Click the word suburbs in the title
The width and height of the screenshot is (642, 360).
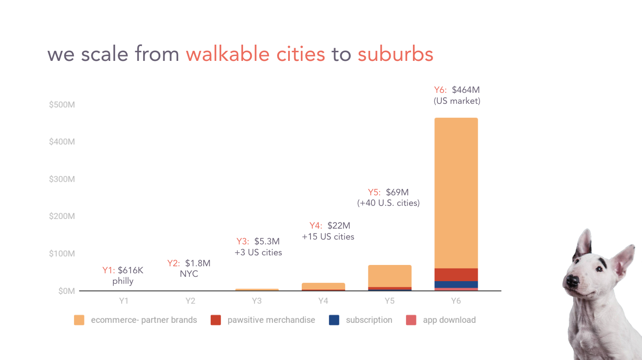click(395, 54)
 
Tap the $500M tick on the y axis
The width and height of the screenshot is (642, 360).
click(62, 105)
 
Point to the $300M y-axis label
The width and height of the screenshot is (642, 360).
click(62, 179)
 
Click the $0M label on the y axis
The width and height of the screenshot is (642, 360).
click(67, 291)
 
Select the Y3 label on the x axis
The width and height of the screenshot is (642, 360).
click(257, 301)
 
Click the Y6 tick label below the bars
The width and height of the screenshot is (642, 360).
click(456, 301)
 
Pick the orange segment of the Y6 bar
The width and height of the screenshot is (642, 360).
click(456, 193)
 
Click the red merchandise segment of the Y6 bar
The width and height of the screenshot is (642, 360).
click(456, 275)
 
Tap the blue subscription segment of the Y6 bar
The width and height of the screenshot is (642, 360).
click(456, 285)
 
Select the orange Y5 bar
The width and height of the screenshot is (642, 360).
click(389, 276)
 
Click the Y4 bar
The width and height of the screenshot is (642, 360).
click(323, 286)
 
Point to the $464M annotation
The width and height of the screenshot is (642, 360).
click(466, 90)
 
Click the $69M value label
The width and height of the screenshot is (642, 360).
click(397, 192)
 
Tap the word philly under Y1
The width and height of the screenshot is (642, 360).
click(123, 281)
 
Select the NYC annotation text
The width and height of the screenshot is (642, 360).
click(189, 274)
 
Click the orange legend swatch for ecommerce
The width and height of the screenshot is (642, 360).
click(79, 320)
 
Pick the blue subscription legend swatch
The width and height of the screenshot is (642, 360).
click(334, 320)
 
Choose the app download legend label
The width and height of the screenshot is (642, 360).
click(449, 320)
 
